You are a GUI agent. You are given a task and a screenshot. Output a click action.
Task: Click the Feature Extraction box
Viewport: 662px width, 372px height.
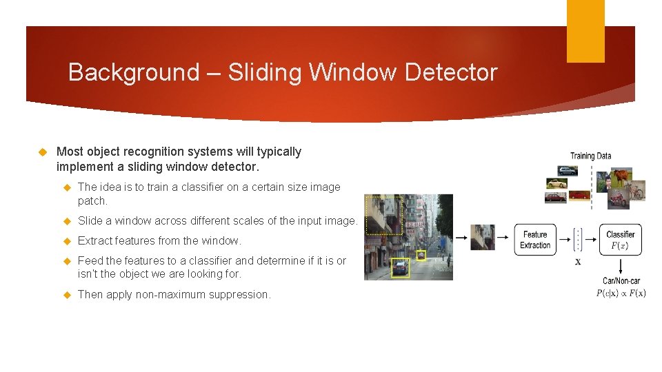[535, 240]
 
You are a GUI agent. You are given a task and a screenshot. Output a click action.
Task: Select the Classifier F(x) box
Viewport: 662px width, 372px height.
[621, 240]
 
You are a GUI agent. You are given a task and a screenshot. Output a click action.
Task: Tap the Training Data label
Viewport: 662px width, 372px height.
[590, 156]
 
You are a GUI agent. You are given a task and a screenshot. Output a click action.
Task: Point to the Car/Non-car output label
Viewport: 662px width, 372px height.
[621, 280]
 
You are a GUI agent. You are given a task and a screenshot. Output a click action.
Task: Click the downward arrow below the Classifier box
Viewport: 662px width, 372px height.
[621, 266]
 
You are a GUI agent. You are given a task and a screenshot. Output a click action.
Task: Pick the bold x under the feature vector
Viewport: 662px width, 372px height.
[578, 262]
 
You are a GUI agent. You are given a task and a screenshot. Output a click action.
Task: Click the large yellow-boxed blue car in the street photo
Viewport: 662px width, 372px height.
[400, 268]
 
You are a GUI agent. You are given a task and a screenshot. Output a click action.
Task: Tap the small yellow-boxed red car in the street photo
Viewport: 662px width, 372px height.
[421, 255]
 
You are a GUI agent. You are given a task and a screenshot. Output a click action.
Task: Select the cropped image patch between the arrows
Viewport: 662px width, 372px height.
[482, 237]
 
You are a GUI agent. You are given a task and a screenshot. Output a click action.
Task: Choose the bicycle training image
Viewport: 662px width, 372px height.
[635, 192]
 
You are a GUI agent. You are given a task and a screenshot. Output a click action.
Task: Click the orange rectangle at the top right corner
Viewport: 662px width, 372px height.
[585, 30]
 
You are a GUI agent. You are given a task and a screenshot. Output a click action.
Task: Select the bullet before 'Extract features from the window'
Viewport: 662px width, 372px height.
[68, 241]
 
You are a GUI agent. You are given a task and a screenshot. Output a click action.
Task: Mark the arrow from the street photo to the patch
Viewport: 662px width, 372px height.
[461, 238]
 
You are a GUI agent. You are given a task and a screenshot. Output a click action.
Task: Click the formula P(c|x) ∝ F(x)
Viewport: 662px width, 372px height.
[621, 293]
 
